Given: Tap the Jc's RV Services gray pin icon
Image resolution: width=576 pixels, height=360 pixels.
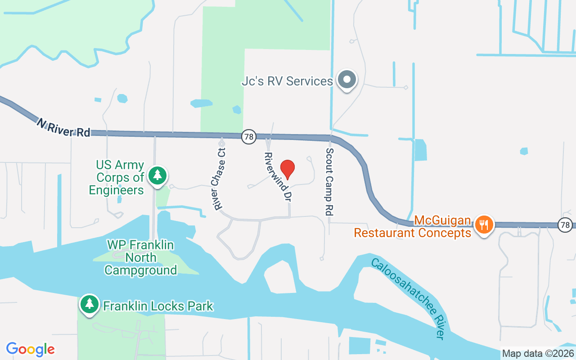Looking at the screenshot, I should pyautogui.click(x=347, y=80).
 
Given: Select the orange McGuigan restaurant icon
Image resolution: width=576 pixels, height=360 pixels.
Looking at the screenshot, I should pyautogui.click(x=484, y=224).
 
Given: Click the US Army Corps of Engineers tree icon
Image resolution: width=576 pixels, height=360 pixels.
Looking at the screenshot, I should pyautogui.click(x=157, y=175).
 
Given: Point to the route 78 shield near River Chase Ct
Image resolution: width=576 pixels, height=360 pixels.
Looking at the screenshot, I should pyautogui.click(x=249, y=136).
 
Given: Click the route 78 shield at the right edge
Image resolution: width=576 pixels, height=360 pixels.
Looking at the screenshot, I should pyautogui.click(x=565, y=224).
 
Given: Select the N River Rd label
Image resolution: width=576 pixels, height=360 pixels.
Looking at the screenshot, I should pyautogui.click(x=63, y=127).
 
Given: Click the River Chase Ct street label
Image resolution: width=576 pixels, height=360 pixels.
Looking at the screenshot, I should pyautogui.click(x=220, y=179).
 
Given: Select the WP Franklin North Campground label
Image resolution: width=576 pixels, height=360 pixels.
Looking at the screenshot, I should pyautogui.click(x=140, y=258).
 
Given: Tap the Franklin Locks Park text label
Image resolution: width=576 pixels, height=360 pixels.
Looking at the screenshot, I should pyautogui.click(x=158, y=306).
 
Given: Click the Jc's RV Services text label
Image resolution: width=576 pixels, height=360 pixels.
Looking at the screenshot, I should pyautogui.click(x=287, y=81).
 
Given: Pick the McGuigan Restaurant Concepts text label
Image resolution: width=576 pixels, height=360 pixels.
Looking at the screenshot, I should pyautogui.click(x=413, y=227).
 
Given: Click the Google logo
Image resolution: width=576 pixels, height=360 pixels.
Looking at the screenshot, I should pyautogui.click(x=31, y=349).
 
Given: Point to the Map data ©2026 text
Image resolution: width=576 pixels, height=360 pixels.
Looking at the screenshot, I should pyautogui.click(x=538, y=353).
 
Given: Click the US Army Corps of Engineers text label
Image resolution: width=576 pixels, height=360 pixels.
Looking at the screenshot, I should pyautogui.click(x=116, y=178).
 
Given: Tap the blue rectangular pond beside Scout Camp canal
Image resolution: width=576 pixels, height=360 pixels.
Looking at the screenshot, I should pyautogui.click(x=420, y=150).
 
